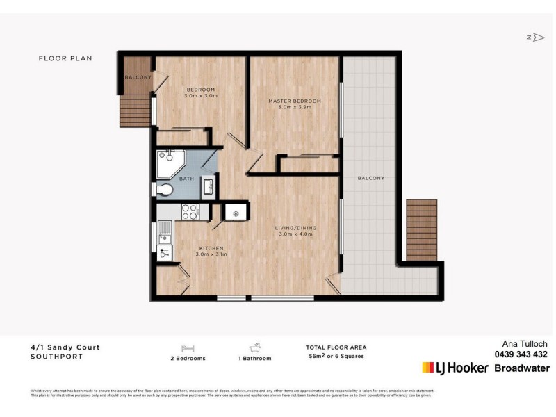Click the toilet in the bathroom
tap(165, 189)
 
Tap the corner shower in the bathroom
tap(169, 162)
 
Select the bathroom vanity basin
tap(208, 186)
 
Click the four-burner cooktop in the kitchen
tap(190, 211)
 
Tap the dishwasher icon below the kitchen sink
tap(165, 253)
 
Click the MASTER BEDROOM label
tap(295, 101)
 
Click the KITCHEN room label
tap(211, 248)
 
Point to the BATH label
tap(186, 179)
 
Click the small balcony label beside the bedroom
tap(138, 77)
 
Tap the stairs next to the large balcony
tap(421, 230)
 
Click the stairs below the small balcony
tap(135, 111)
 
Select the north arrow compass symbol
tap(536, 38)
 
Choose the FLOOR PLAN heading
tap(65, 59)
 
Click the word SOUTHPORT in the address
tap(57, 357)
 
